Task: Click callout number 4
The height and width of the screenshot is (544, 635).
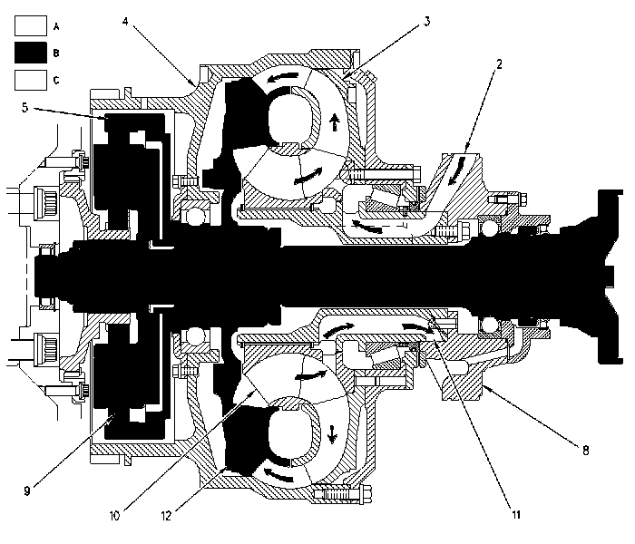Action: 125,22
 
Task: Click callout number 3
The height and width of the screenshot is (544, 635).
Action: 427,22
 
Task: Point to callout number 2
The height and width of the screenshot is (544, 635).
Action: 499,64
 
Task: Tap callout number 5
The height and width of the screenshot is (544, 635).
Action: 25,108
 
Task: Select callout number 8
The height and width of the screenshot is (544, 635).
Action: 586,450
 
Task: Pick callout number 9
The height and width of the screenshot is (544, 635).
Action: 27,491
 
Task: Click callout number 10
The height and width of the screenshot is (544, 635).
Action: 114,516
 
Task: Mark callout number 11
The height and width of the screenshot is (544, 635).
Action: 516,514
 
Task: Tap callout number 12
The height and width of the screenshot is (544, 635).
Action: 166,516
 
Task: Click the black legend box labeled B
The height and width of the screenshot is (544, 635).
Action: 31,53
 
